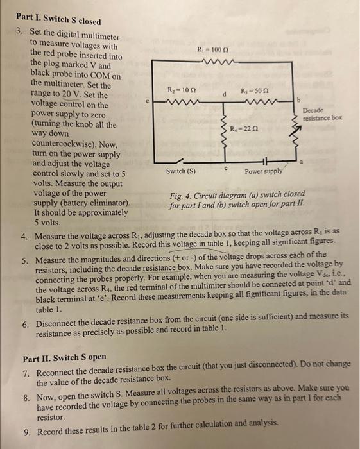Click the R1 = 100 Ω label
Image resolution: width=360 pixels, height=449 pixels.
click(210, 49)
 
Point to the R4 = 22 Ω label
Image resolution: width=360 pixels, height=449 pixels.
click(242, 131)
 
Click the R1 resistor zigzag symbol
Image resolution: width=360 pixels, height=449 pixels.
click(211, 62)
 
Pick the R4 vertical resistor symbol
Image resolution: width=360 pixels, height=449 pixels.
click(223, 131)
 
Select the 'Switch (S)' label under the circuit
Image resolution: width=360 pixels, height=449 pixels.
click(180, 172)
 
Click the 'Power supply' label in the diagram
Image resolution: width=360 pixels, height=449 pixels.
click(262, 172)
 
